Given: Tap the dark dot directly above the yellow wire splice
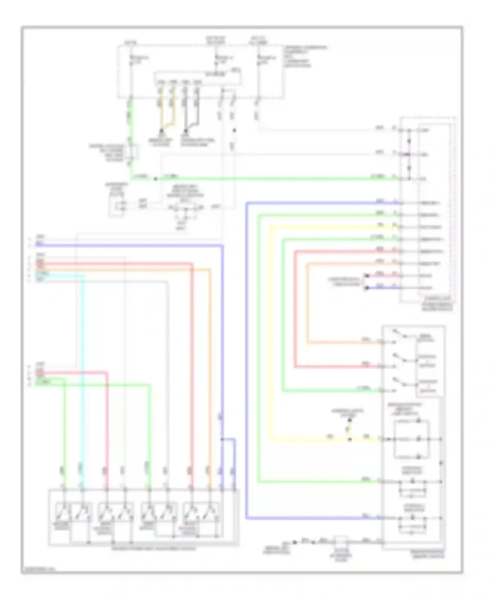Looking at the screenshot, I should [350, 420].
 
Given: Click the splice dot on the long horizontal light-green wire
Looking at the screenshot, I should [156, 179].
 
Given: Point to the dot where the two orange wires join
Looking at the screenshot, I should [161, 130].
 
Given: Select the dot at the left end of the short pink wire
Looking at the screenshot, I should [367, 276].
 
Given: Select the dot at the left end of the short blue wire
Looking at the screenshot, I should [367, 288].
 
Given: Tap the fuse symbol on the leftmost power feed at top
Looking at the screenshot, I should [131, 59].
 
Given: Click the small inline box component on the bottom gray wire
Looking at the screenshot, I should [341, 542].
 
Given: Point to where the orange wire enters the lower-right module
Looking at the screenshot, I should [381, 342].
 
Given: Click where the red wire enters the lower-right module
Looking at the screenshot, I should [381, 366].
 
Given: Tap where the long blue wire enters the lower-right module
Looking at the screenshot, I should [381, 518].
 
